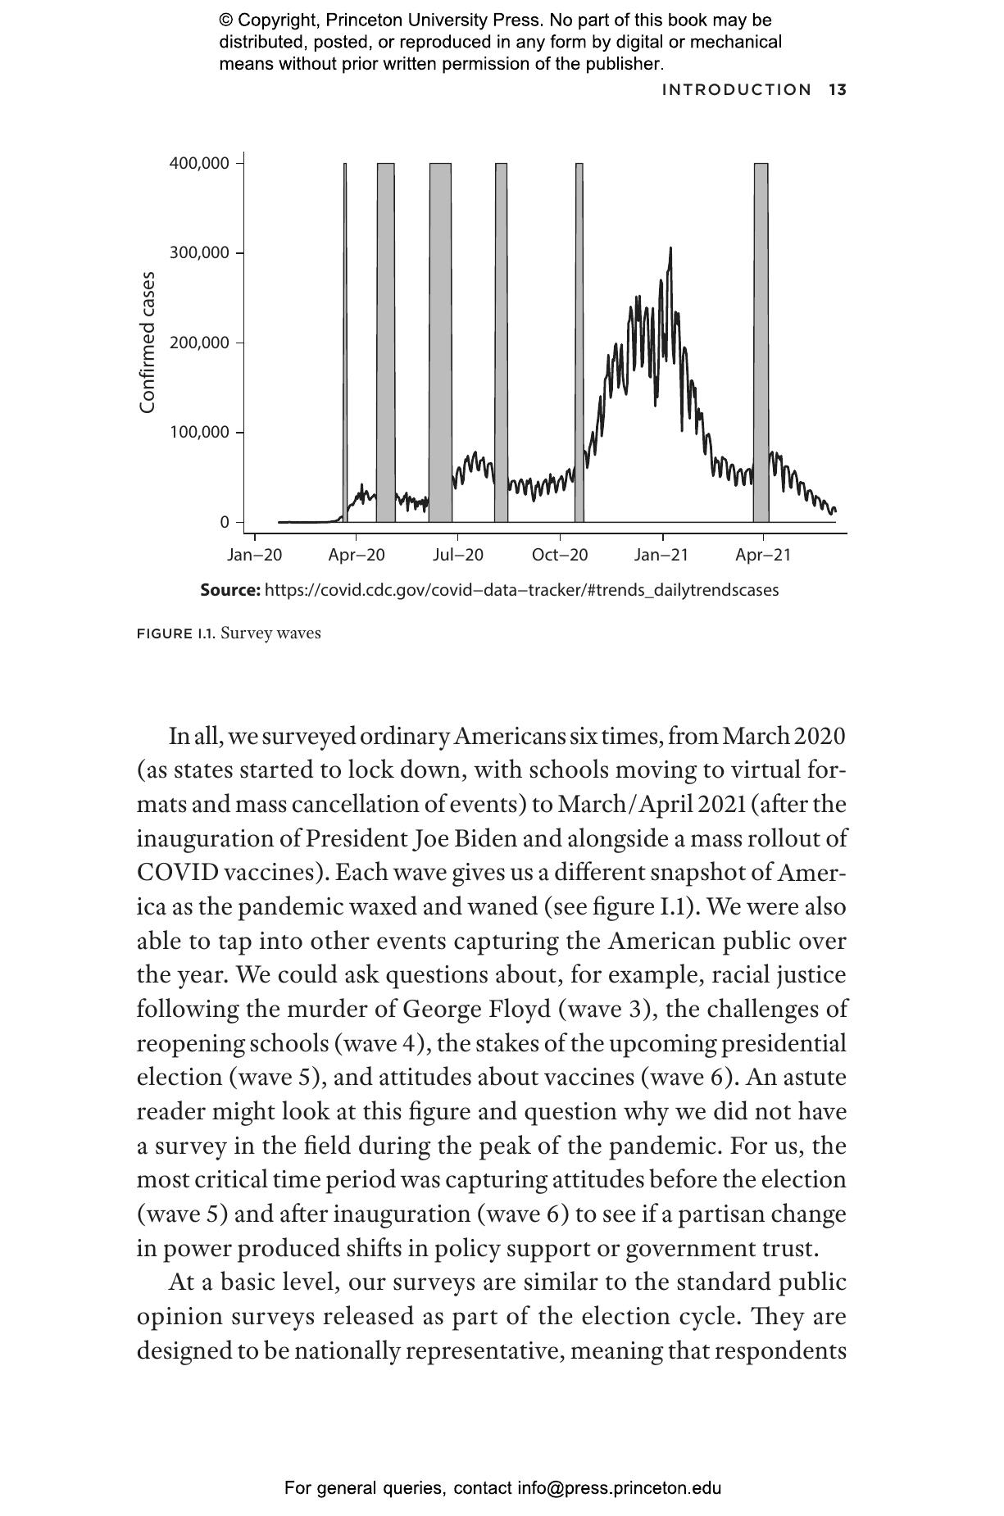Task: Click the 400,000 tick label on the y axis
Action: [x=199, y=163]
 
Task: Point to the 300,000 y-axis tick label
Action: [x=199, y=253]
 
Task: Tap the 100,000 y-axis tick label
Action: [x=199, y=433]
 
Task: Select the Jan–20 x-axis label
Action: [x=254, y=556]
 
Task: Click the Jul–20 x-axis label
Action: [x=458, y=556]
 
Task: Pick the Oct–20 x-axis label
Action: [x=560, y=556]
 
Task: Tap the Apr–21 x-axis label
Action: [x=763, y=556]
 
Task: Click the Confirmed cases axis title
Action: [x=148, y=343]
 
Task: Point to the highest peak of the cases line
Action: [x=670, y=248]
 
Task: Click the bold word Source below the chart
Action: [x=230, y=590]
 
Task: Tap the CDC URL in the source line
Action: [x=521, y=590]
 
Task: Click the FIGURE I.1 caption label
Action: [x=176, y=633]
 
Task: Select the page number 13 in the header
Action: [x=837, y=90]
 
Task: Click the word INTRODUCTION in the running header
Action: [x=737, y=90]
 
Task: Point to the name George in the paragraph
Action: [x=444, y=1009]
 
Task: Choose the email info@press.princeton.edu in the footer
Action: [x=619, y=1488]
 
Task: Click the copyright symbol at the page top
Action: [x=227, y=20]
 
